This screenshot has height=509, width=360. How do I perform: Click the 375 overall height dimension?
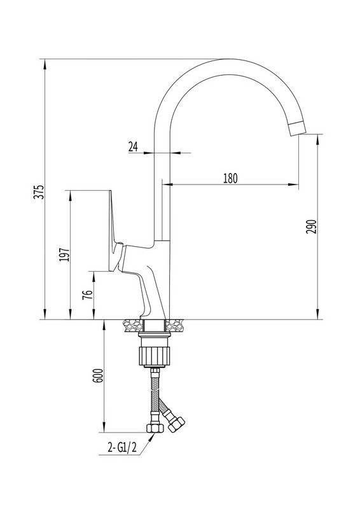pos(39,192)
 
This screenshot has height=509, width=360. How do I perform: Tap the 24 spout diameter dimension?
pos(133,147)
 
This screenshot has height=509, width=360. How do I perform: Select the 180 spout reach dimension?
pos(230,178)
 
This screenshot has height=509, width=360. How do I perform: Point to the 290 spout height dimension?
pos(311,227)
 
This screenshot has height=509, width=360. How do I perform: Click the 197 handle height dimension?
pos(64,255)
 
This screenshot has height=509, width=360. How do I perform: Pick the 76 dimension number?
pos(88,295)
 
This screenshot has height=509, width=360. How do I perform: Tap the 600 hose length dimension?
pos(98,376)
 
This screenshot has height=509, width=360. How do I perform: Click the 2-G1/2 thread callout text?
pos(122,449)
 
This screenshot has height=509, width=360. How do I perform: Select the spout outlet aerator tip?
pos(297,129)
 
